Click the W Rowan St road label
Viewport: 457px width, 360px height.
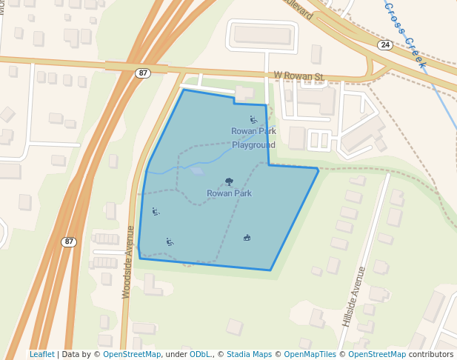pyautogui.click(x=299, y=76)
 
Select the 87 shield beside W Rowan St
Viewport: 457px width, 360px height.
pyautogui.click(x=143, y=73)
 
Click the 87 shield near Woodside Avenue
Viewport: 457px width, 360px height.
pyautogui.click(x=69, y=241)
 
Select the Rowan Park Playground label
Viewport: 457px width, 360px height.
pyautogui.click(x=253, y=138)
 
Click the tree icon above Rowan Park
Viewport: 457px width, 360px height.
pyautogui.click(x=229, y=181)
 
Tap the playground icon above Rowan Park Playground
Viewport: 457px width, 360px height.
pyautogui.click(x=253, y=119)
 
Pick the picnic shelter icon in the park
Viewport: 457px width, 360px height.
pyautogui.click(x=247, y=238)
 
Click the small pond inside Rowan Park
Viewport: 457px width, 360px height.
pyautogui.click(x=196, y=170)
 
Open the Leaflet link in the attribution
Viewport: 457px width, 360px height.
pyautogui.click(x=41, y=354)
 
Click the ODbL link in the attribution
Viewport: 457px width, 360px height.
pyautogui.click(x=200, y=354)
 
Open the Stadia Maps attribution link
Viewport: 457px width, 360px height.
pyautogui.click(x=249, y=354)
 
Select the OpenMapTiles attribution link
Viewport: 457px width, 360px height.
pyautogui.click(x=306, y=354)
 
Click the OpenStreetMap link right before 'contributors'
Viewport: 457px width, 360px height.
pyautogui.click(x=377, y=354)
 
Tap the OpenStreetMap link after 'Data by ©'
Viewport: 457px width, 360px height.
pyautogui.click(x=132, y=354)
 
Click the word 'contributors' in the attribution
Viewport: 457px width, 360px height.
pyautogui.click(x=430, y=354)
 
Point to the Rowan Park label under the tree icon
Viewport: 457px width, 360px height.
pyautogui.click(x=229, y=193)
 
